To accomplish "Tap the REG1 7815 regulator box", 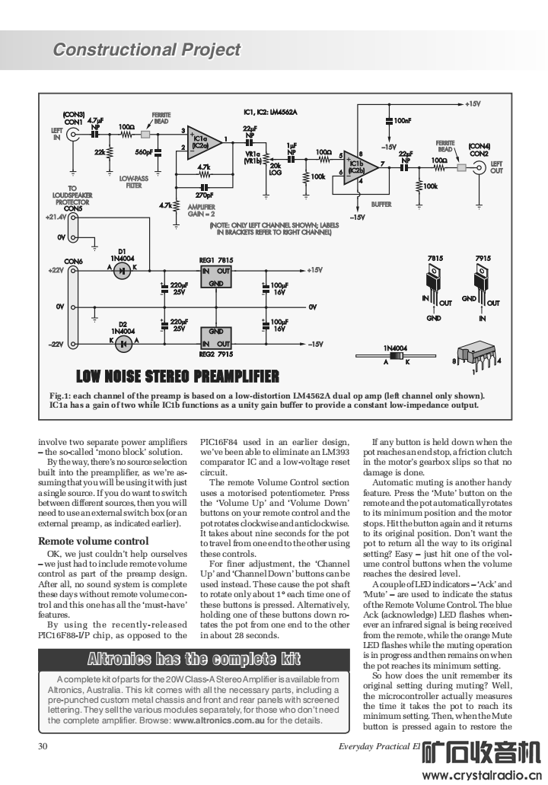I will tap(215, 275).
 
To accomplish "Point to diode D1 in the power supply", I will tap(123, 271).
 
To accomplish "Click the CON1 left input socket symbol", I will tap(75, 135).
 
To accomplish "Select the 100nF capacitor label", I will tap(401, 120).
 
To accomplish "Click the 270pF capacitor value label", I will tap(203, 195).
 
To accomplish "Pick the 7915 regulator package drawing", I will tap(482, 285).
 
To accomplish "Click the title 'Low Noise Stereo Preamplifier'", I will tap(178, 377).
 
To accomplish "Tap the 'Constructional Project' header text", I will tap(147, 50).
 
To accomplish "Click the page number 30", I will tap(43, 746).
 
